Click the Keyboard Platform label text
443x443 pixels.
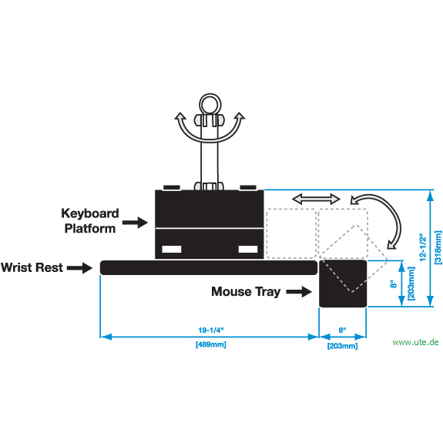pyautogui.click(x=90, y=221)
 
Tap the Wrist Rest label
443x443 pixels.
pyautogui.click(x=32, y=267)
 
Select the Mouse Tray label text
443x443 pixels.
pyautogui.click(x=246, y=292)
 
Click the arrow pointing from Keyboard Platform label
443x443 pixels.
pyautogui.click(x=135, y=223)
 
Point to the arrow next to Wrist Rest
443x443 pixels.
pyautogui.click(x=79, y=268)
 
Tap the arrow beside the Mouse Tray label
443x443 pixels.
pyautogui.click(x=299, y=292)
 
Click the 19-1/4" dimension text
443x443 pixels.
pyautogui.click(x=211, y=331)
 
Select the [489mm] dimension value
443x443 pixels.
pyautogui.click(x=211, y=344)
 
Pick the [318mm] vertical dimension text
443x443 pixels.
pyautogui.click(x=438, y=247)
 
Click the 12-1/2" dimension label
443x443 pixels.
pyautogui.click(x=423, y=247)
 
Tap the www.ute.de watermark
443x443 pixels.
pyautogui.click(x=415, y=342)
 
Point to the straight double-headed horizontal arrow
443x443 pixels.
pyautogui.click(x=316, y=200)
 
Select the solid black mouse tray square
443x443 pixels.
pyautogui.click(x=343, y=284)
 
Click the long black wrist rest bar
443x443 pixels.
pyautogui.click(x=209, y=267)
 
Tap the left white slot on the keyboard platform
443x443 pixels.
pyautogui.click(x=172, y=249)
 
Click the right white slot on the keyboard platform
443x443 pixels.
pyautogui.click(x=248, y=249)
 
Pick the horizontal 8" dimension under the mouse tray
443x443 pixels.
pyautogui.click(x=342, y=331)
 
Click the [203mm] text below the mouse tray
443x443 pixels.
pyautogui.click(x=342, y=346)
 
